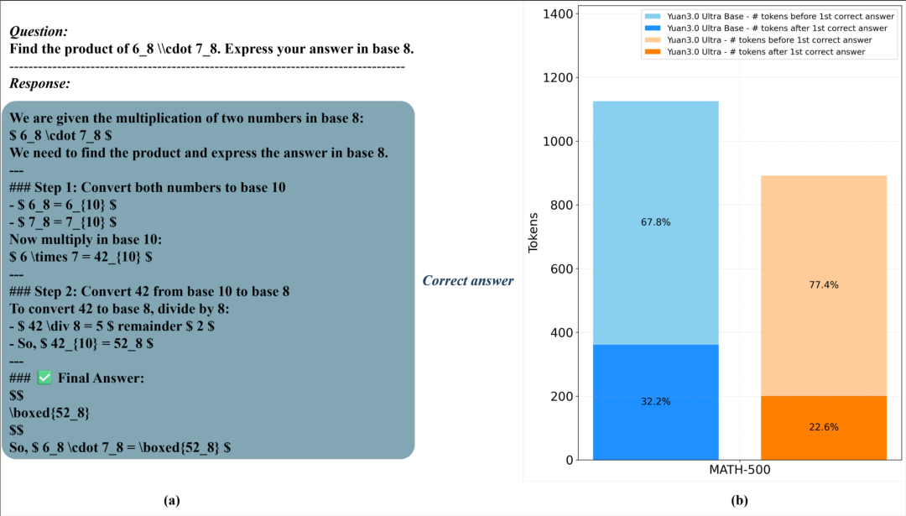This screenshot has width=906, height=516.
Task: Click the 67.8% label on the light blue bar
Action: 655,222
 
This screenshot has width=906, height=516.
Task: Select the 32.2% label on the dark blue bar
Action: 655,402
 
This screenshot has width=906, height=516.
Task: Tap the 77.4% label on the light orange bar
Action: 823,285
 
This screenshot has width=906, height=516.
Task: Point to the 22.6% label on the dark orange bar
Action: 823,427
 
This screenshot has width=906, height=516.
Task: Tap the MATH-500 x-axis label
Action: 739,471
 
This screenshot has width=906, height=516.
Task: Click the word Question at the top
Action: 39,31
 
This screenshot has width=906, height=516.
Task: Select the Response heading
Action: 39,83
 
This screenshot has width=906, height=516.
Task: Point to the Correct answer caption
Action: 467,280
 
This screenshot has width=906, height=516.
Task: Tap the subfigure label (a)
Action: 172,500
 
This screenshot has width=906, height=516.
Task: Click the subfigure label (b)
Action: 739,501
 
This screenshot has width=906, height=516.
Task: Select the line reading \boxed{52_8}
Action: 49,413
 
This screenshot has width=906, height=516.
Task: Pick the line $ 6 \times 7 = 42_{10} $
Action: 81,257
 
